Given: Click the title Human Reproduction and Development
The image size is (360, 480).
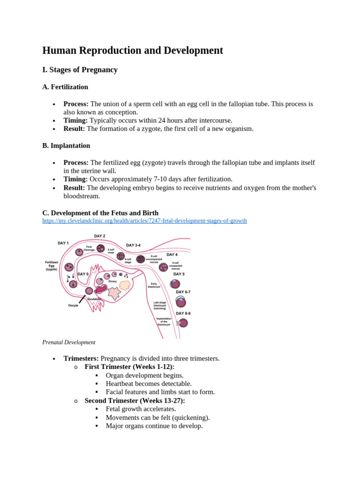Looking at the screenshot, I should click(x=133, y=51).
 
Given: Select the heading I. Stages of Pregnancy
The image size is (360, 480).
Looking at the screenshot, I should click(x=80, y=70).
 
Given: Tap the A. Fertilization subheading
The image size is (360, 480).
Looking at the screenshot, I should click(x=65, y=87).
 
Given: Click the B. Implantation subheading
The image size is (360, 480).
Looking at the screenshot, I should click(x=66, y=145).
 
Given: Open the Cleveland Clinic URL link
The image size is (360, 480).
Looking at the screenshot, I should click(x=144, y=220).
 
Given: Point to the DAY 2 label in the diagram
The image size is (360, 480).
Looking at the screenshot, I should click(x=99, y=236).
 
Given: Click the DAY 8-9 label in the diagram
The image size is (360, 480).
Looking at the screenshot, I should click(x=183, y=313).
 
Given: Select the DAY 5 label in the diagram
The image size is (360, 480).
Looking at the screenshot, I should click(x=179, y=274).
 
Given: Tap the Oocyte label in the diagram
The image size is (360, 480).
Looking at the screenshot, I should click(x=73, y=305).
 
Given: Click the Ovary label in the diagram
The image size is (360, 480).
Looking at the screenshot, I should click(x=112, y=281).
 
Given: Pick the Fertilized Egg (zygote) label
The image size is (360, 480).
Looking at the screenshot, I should click(x=52, y=266).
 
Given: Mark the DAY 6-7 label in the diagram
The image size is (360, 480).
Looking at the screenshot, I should click(x=183, y=292).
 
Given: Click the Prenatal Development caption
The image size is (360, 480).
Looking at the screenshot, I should click(x=69, y=342).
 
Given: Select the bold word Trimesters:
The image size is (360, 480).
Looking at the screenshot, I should click(x=81, y=359).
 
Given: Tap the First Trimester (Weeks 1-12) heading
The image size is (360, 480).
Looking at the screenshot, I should click(x=129, y=367).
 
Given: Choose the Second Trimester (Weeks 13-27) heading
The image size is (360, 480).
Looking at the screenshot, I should click(x=135, y=401).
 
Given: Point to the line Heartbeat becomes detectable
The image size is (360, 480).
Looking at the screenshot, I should click(x=149, y=384).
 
